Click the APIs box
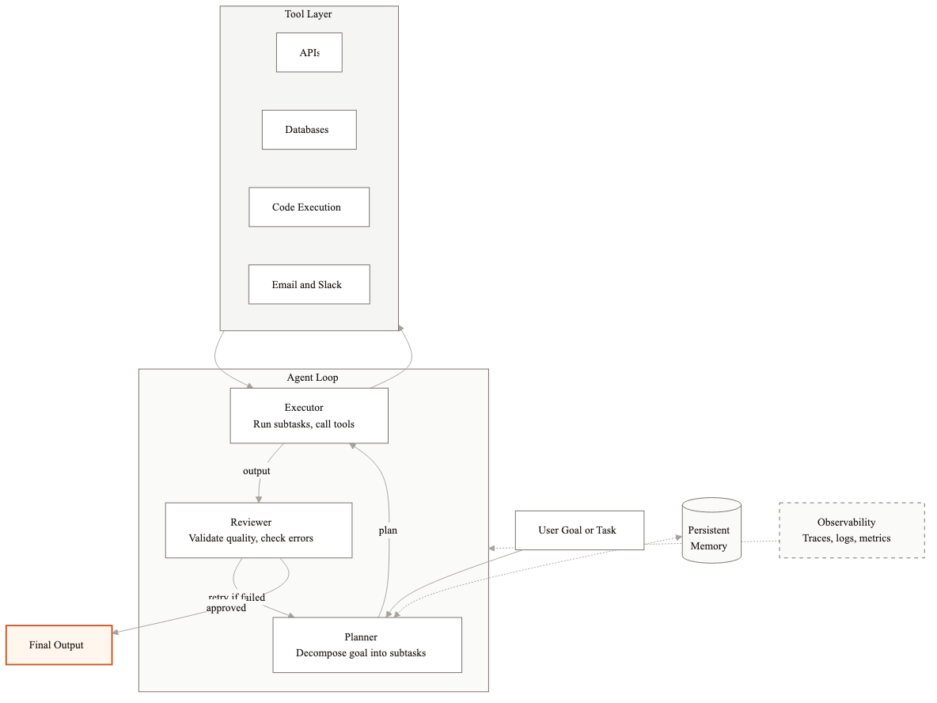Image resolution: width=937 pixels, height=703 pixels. pos(309,52)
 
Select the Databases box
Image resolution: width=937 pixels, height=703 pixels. pos(309,130)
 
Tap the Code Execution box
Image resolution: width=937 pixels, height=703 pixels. pos(309,207)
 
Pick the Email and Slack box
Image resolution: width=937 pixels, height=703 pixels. pos(309,285)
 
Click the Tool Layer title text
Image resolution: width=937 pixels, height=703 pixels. pos(309,14)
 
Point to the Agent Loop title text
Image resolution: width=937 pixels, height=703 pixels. pos(313,378)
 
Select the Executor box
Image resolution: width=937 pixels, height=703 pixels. pos(309,416)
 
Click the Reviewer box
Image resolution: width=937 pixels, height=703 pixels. pos(258,530)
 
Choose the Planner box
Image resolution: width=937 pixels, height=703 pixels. pos(366,645)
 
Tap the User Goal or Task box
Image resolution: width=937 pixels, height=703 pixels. pos(579,530)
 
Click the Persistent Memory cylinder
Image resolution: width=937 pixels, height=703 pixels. pos(711,532)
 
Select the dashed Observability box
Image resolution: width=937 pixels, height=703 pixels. pos(852,530)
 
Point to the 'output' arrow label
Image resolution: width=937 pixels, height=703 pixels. pos(256,471)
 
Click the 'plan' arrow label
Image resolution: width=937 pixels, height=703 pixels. pos(388,530)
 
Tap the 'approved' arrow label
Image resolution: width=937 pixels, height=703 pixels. pos(226,608)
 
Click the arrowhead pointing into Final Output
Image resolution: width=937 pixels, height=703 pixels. pos(116,632)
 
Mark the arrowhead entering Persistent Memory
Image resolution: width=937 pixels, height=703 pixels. pos(678,538)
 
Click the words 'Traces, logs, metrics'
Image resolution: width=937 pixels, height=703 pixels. pos(846,538)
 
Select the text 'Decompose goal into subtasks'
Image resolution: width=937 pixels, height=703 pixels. pos(361,653)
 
